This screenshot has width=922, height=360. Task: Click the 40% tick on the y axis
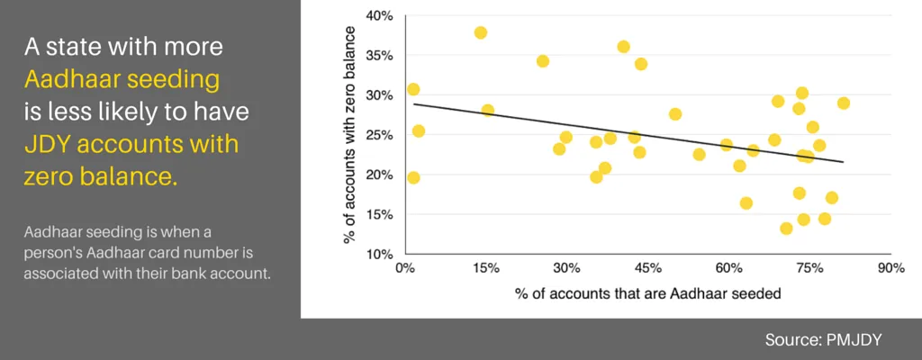tap(381, 15)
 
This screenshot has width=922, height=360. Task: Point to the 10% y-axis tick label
tap(381, 255)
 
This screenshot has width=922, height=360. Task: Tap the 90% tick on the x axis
tap(890, 268)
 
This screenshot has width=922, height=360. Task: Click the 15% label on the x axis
tap(485, 268)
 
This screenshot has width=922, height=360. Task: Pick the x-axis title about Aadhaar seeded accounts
tap(647, 293)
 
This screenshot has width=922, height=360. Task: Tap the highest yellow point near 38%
tap(481, 32)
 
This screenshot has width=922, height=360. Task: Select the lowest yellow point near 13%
tap(786, 229)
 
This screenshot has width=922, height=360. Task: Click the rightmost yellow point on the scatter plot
tap(843, 103)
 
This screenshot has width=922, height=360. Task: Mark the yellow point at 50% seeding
tap(675, 113)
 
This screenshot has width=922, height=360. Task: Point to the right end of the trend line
tap(843, 162)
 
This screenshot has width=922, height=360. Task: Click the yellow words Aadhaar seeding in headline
tap(122, 79)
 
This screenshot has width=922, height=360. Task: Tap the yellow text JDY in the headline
tap(47, 145)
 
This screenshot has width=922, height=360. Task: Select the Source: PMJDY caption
tap(824, 339)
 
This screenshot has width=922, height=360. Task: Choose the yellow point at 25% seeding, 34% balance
tap(543, 61)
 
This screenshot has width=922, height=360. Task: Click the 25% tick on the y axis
tap(381, 135)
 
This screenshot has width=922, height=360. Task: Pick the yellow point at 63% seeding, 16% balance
tap(746, 202)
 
